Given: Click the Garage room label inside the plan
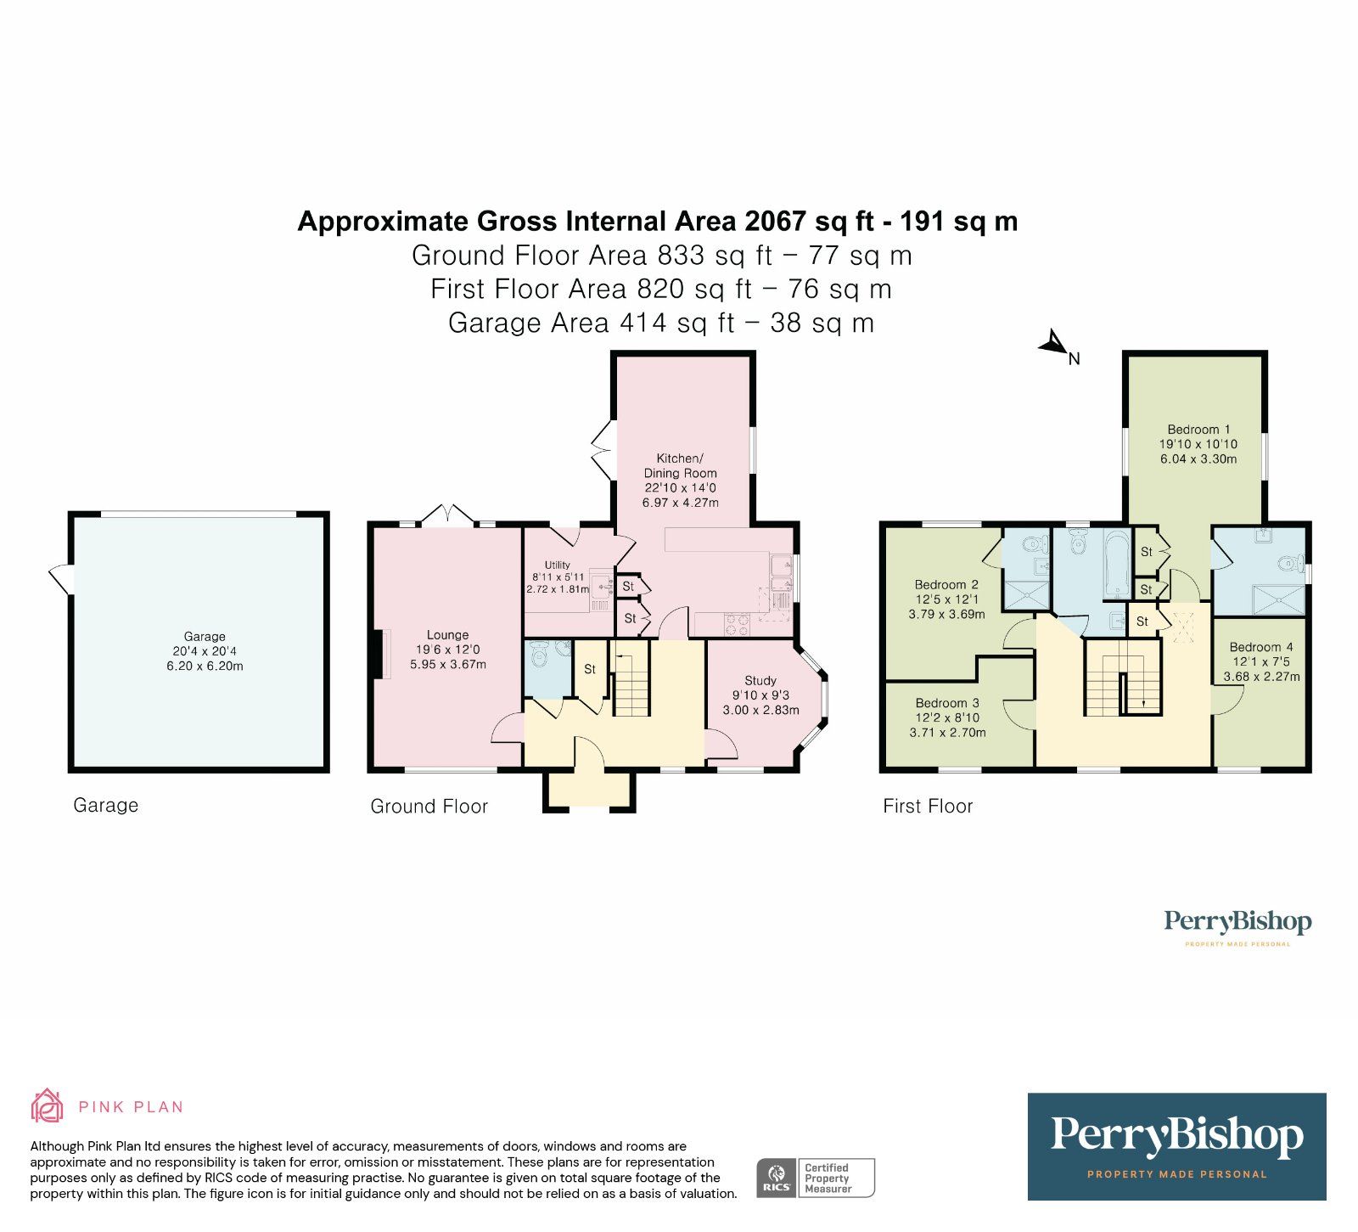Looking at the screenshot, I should (x=205, y=636).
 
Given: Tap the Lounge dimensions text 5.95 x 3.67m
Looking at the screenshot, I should (x=447, y=664).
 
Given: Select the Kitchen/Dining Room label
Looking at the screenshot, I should (x=680, y=465).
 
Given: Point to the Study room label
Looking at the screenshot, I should (x=760, y=680).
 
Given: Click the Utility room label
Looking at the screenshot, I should (x=558, y=565).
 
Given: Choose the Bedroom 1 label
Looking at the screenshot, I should (x=1198, y=430).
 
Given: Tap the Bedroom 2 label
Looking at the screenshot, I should (x=946, y=584).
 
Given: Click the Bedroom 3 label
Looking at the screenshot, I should (x=947, y=703).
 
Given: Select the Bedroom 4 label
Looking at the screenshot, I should (x=1260, y=647).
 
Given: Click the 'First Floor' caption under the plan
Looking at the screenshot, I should (x=927, y=806).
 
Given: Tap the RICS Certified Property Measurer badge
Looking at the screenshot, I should (x=815, y=1178).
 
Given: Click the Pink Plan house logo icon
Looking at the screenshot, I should (x=48, y=1105).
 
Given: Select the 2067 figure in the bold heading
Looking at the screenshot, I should (x=774, y=222).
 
